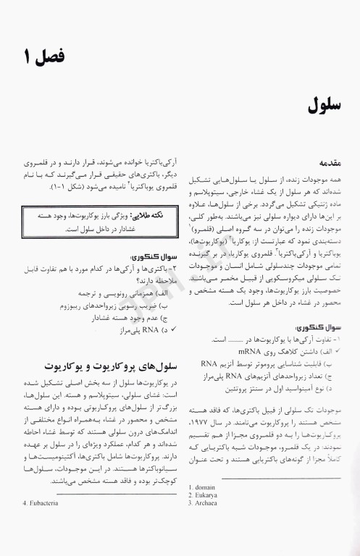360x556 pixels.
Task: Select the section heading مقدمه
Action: click(324, 164)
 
